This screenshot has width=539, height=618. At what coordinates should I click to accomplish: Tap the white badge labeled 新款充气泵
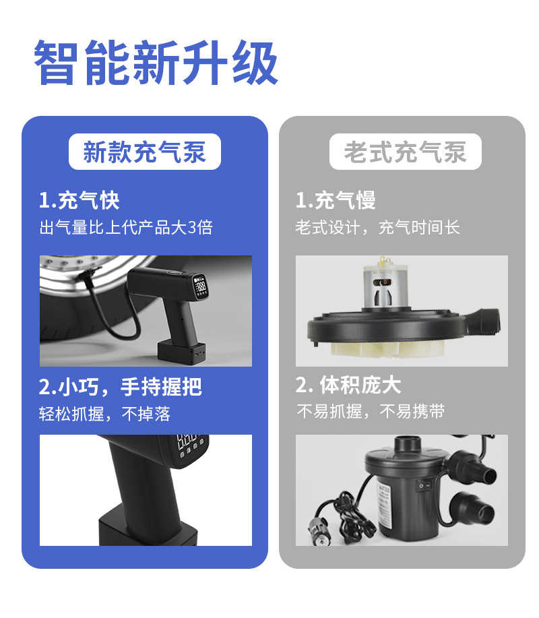point(145,152)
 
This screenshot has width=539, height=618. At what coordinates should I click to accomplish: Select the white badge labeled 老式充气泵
point(405,152)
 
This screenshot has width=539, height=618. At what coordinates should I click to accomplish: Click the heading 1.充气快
point(79,200)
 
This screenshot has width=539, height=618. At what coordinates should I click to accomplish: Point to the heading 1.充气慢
point(336,200)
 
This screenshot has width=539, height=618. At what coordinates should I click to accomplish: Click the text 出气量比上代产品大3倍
point(126,227)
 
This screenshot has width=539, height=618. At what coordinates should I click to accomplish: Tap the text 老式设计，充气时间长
point(378,227)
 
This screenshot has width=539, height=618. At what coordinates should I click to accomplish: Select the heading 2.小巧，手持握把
point(120,386)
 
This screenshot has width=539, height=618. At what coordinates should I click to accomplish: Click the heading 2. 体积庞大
point(348,385)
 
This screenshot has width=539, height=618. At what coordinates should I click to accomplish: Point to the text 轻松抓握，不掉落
point(105,413)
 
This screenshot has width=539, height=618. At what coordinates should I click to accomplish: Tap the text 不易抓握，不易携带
point(371,412)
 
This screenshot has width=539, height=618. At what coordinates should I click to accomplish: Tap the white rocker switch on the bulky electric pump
point(423,484)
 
